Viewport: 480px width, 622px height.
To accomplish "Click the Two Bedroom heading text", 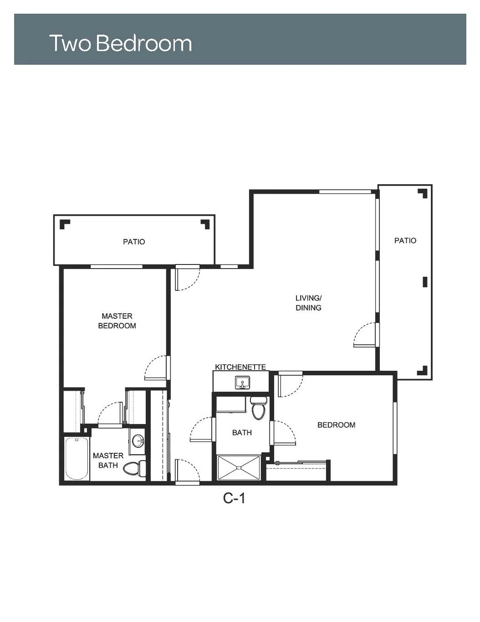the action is pyautogui.click(x=120, y=43).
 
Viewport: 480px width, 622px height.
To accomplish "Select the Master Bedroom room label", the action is pyautogui.click(x=117, y=321).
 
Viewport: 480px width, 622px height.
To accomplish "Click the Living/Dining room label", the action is pyautogui.click(x=308, y=303).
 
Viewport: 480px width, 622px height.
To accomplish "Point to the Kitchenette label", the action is pyautogui.click(x=240, y=367).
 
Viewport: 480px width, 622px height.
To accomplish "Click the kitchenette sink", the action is pyautogui.click(x=242, y=383).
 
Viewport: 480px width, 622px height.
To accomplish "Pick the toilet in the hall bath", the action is pyautogui.click(x=259, y=408).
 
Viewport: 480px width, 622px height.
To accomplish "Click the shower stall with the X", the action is pyautogui.click(x=239, y=467).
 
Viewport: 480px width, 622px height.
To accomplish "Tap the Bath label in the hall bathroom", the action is pyautogui.click(x=242, y=432).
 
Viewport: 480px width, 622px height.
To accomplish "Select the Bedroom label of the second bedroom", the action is pyautogui.click(x=336, y=425).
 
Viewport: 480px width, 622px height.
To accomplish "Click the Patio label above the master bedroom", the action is pyautogui.click(x=134, y=242).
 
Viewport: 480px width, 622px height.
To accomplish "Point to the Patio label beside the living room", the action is pyautogui.click(x=405, y=240).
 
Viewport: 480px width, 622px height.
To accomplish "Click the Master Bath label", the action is pyautogui.click(x=108, y=461).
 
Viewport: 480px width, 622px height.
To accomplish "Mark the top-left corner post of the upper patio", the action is pyautogui.click(x=65, y=224).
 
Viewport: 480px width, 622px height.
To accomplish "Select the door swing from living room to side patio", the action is pyautogui.click(x=364, y=334).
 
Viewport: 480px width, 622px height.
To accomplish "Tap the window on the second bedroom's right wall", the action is pyautogui.click(x=395, y=428).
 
